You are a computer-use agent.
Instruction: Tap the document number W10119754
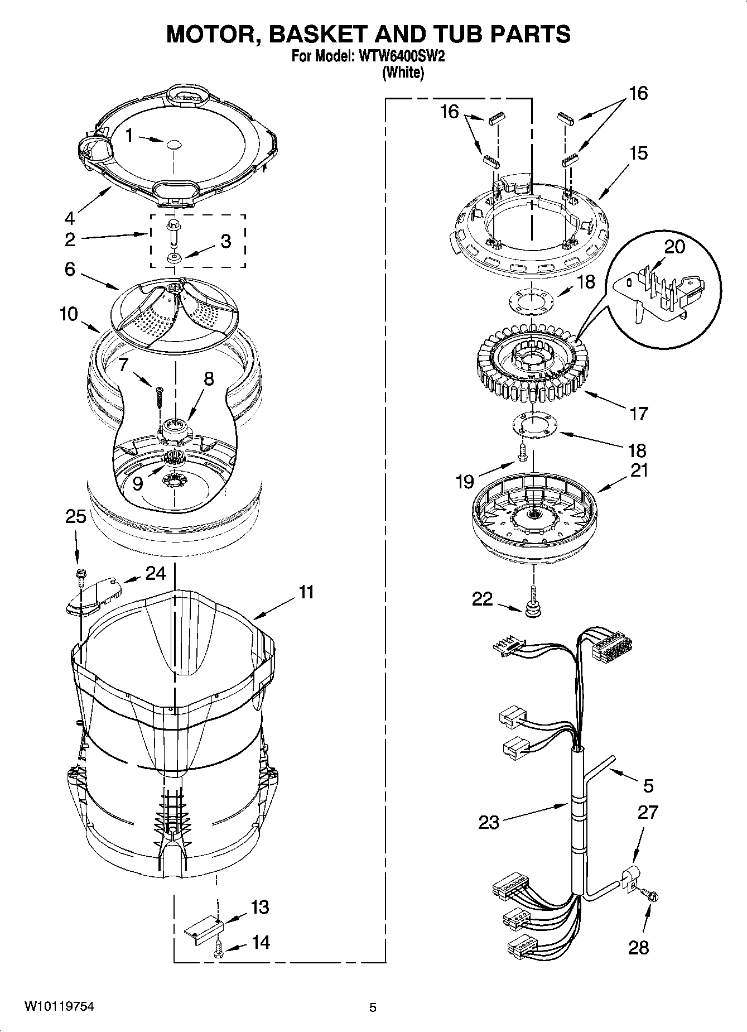click(58, 1007)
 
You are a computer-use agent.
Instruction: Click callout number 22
click(483, 599)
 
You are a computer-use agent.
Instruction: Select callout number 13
click(260, 908)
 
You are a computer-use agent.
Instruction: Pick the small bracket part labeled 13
click(204, 928)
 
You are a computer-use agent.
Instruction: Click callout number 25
click(76, 517)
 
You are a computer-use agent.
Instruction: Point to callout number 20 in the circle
click(674, 246)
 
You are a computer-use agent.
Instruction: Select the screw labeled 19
click(523, 453)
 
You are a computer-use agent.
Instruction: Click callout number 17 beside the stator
click(639, 414)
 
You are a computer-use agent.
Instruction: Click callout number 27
click(648, 812)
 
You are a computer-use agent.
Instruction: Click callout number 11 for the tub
click(306, 592)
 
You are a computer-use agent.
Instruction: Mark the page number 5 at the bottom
click(373, 1007)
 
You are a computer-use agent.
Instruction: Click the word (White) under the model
click(402, 73)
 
